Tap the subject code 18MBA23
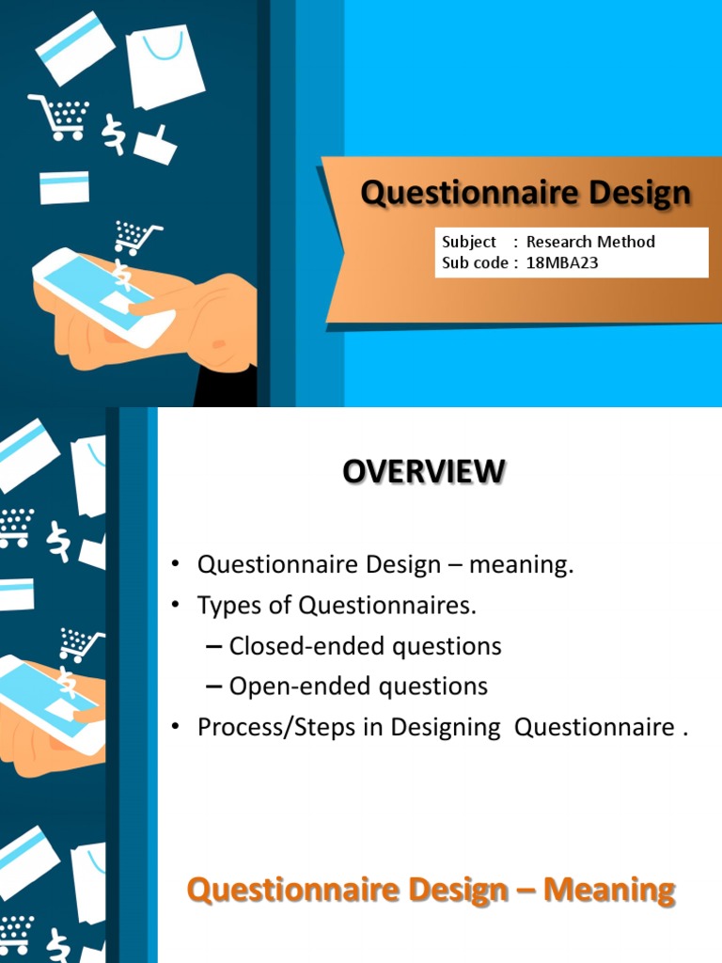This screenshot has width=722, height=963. [562, 263]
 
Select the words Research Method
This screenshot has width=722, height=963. [590, 242]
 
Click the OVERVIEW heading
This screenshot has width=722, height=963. [423, 471]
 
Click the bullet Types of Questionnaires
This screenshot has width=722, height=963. [337, 607]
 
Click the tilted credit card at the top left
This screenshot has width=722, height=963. [75, 47]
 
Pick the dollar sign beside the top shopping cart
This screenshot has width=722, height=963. [114, 134]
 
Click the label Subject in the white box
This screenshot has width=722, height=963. [469, 242]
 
